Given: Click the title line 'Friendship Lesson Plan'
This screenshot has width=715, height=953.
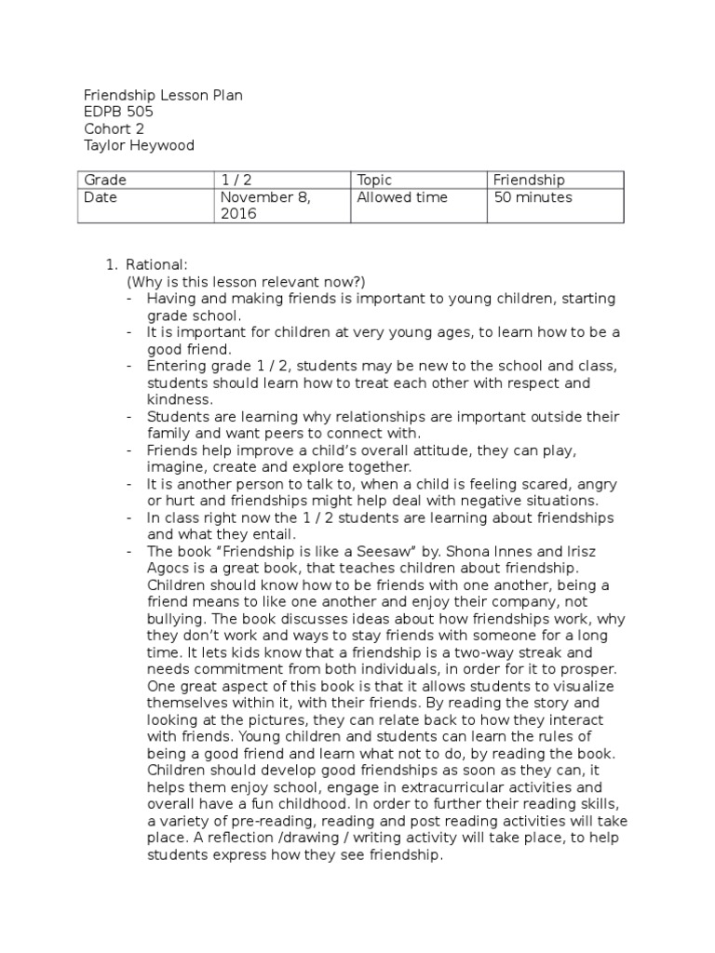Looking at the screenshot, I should coord(163,96).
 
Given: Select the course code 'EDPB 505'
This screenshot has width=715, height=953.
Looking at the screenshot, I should coord(118,113).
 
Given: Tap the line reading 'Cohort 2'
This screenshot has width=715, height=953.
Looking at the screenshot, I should coord(114,129).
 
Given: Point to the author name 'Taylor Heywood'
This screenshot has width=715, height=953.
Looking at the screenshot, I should coord(139,146).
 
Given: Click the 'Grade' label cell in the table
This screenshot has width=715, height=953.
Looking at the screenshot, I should coord(105,181).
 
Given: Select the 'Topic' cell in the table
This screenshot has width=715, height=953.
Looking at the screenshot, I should coord(374,181).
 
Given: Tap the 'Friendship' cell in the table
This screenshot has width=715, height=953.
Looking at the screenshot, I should coord(529,181).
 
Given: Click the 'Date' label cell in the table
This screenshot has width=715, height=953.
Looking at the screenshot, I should coord(101,197).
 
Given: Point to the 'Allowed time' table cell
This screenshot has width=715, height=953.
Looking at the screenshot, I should coord(402,197).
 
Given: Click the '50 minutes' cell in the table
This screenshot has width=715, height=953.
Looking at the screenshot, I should coord(533,197).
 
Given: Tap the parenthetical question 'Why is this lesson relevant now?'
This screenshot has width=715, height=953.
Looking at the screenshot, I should coord(246,282).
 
